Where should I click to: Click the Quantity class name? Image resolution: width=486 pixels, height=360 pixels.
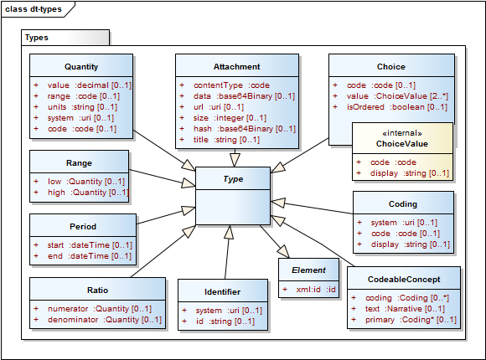click(x=81, y=66)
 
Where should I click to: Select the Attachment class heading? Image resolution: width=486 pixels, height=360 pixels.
click(x=236, y=66)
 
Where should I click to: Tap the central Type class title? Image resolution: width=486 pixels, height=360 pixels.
click(x=233, y=178)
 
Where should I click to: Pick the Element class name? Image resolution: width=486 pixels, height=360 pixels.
click(x=308, y=270)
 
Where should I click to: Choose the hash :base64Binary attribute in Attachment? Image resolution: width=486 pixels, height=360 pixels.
click(x=243, y=129)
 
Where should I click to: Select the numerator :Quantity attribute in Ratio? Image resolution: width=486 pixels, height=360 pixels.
click(x=94, y=309)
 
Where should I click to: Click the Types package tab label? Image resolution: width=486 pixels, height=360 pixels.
click(x=37, y=38)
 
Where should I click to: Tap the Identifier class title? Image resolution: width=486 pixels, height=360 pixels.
click(x=222, y=291)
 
